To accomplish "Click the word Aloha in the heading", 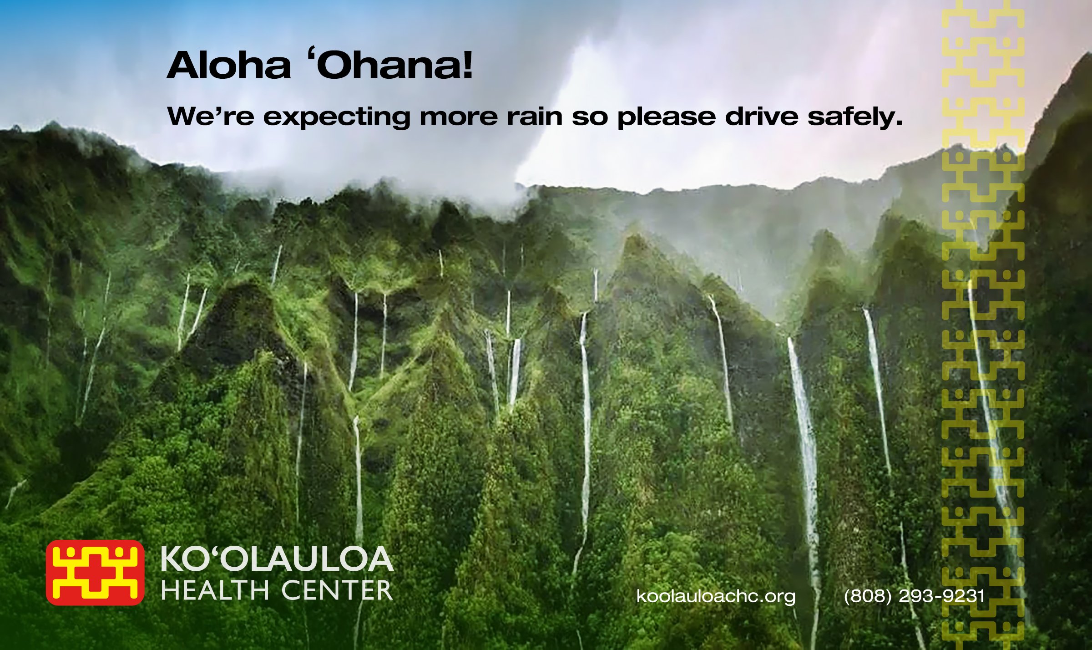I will click(x=229, y=66).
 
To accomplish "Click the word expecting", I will click(x=337, y=117).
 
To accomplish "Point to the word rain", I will click(x=535, y=117).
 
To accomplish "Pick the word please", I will click(x=666, y=117).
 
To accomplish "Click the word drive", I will click(x=762, y=117).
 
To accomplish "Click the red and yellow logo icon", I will click(x=95, y=573).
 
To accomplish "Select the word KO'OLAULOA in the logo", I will click(x=277, y=559).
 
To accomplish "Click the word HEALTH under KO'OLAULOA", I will click(x=215, y=591).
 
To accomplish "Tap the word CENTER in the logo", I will click(x=337, y=591).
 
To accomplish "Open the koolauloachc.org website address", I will click(x=716, y=596).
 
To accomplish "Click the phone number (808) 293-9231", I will click(x=914, y=596).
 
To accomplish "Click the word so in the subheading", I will click(x=590, y=117).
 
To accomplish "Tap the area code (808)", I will click(x=867, y=596).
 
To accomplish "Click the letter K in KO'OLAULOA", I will click(x=171, y=559).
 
